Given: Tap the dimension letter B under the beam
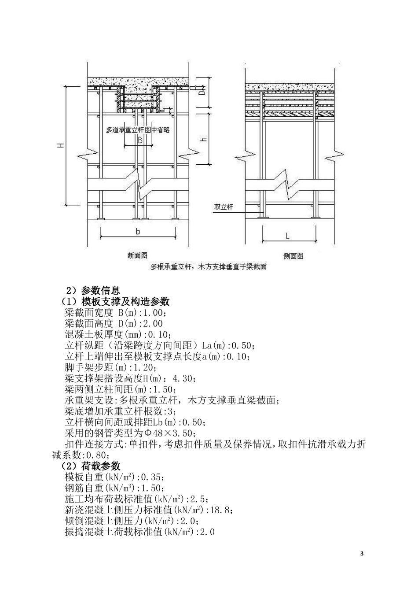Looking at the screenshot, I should (139, 140).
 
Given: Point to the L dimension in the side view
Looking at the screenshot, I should (287, 236).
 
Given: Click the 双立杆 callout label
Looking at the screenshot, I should (223, 207).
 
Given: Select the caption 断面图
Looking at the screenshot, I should (137, 255).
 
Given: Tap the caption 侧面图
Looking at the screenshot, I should (293, 256).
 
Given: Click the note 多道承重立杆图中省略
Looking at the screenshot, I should (138, 130).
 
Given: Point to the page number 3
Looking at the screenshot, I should (362, 554).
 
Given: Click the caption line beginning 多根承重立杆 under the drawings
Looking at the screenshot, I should (209, 266).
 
